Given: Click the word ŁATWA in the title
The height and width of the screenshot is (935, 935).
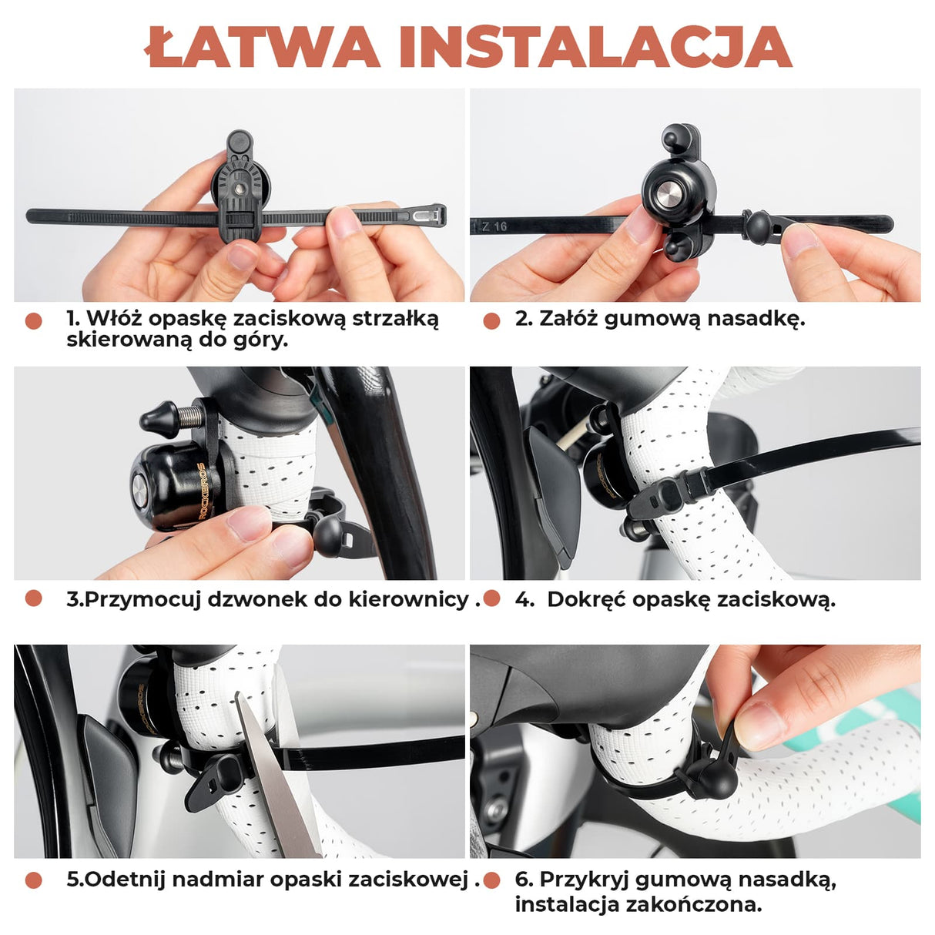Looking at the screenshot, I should point(262,48).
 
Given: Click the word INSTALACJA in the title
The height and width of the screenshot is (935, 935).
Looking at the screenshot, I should point(595,48).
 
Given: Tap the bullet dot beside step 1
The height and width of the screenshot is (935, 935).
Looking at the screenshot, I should point(33,321).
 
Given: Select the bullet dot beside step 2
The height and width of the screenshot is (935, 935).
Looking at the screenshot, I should point(491,321).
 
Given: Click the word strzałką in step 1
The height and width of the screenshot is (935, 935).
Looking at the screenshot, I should point(395,319).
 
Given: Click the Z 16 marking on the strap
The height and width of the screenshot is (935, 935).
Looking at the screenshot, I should point(494,226).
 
